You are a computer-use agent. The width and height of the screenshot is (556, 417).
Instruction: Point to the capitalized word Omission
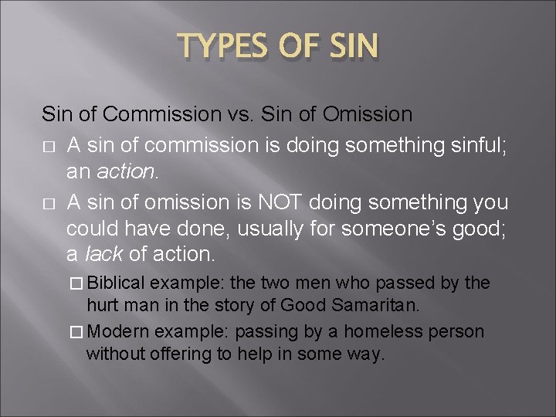[368, 114]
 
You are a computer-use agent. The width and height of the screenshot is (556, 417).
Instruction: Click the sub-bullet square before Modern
[76, 333]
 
